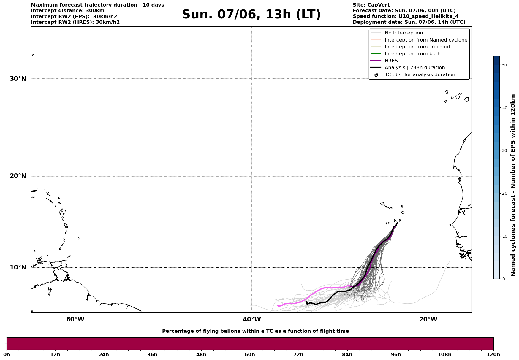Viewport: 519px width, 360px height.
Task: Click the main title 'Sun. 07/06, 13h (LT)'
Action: click(251, 15)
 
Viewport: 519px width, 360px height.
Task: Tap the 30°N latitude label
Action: click(18, 79)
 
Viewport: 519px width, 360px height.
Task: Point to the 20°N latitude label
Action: click(18, 176)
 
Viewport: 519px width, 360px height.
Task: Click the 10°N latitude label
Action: click(18, 267)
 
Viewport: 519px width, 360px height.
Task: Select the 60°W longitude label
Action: click(75, 319)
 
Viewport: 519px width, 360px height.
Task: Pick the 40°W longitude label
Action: click(252, 319)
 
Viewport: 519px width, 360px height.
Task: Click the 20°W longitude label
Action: click(428, 319)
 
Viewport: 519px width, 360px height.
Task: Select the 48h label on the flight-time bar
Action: click(201, 355)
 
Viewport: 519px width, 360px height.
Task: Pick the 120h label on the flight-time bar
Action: click(493, 355)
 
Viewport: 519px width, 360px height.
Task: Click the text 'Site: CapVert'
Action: click(371, 5)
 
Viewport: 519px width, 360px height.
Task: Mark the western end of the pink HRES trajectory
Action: click(277, 305)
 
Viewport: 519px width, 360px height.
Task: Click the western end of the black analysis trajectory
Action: click(306, 302)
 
